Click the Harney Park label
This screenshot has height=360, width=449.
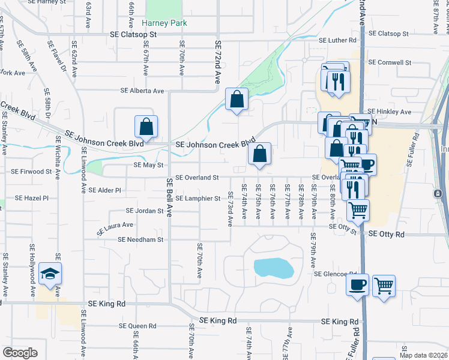[164, 23]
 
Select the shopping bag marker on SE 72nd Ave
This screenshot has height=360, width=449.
[237, 100]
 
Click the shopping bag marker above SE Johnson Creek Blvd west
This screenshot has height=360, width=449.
[146, 127]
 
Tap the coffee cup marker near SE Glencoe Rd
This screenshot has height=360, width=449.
[357, 284]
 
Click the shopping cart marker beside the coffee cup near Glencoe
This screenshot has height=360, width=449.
[384, 286]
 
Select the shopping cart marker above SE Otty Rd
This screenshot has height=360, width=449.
[358, 210]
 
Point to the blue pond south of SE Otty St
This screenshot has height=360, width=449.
[273, 267]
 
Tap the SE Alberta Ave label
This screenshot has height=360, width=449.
[142, 91]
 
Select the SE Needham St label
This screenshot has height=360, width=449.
[141, 239]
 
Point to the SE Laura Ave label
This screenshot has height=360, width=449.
[115, 229]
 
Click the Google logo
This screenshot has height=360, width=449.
[20, 353]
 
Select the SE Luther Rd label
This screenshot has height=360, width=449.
[337, 41]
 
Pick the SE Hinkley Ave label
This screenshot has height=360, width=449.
[389, 112]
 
